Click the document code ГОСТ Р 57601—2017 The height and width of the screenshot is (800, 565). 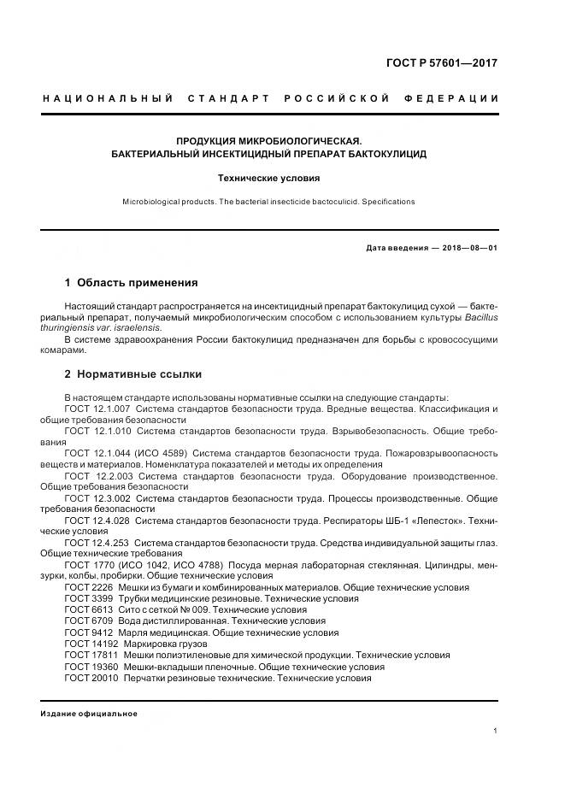point(443,63)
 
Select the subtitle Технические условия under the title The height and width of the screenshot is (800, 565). point(268,179)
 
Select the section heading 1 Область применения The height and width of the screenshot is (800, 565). point(131,282)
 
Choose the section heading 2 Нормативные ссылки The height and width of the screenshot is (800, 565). point(132,374)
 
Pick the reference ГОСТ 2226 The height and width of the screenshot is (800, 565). point(88,588)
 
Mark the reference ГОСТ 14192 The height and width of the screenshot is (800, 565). point(91,644)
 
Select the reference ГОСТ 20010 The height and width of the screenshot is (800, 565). point(91,678)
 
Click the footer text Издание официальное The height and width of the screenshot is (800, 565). point(89,713)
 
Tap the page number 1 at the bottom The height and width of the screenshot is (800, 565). point(495,731)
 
